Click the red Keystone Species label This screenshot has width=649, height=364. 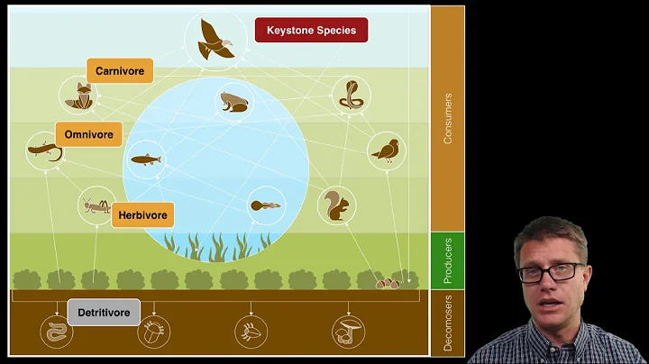[311, 31]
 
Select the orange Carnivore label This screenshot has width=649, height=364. [120, 70]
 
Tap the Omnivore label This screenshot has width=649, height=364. [88, 135]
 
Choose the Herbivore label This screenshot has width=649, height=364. [142, 214]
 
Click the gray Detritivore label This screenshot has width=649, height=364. [104, 313]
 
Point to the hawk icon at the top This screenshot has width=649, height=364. [216, 39]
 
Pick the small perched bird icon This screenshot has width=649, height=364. [386, 150]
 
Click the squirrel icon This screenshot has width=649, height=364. [335, 206]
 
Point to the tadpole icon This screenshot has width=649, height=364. [265, 205]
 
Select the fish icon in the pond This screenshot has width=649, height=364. [148, 159]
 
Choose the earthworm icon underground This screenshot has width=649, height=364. [55, 331]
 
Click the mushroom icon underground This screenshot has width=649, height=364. [347, 331]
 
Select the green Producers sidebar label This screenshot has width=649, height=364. [448, 261]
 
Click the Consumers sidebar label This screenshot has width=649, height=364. [448, 117]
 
